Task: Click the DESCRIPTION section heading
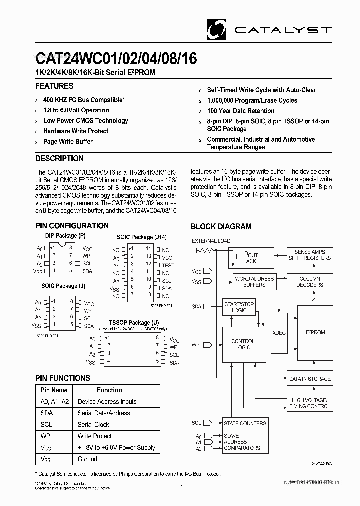[x=59, y=159]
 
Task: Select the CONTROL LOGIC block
[x=243, y=344]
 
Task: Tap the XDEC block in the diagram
[x=279, y=332]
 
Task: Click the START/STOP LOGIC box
[x=239, y=307]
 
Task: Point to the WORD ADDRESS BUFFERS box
[x=254, y=282]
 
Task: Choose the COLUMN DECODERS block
[x=310, y=282]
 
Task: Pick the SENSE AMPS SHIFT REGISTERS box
[x=310, y=255]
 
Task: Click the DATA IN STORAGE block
[x=310, y=379]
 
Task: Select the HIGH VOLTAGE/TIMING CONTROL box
[x=310, y=403]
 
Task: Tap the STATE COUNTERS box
[x=245, y=423]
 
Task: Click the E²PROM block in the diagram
[x=315, y=332]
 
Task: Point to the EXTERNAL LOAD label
[x=211, y=241]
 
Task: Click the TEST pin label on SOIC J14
[x=168, y=265]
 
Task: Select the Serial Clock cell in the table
[x=93, y=424]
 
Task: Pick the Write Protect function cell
[x=95, y=436]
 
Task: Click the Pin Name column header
[x=54, y=390]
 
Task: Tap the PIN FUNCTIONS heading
[x=63, y=378]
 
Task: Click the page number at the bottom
[x=181, y=487]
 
